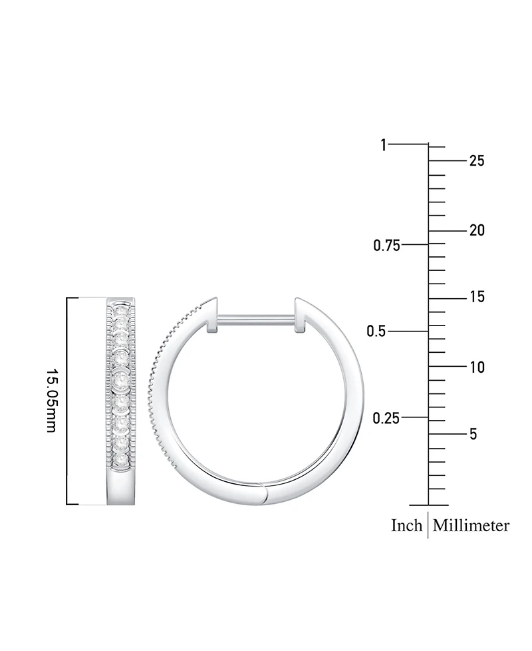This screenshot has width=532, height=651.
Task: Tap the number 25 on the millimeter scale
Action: pyautogui.click(x=476, y=160)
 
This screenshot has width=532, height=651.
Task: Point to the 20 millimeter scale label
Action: pyautogui.click(x=476, y=230)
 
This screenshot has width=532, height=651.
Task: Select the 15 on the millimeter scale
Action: pyautogui.click(x=476, y=298)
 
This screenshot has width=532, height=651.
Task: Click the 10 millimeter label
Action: pyautogui.click(x=476, y=367)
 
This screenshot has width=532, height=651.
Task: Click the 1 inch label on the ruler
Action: pyautogui.click(x=383, y=144)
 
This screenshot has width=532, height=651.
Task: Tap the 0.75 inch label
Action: pyautogui.click(x=386, y=246)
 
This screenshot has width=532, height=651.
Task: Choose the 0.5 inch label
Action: pyautogui.click(x=376, y=331)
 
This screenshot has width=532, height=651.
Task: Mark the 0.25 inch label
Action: pyautogui.click(x=386, y=418)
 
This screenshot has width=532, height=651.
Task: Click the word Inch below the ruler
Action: pyautogui.click(x=406, y=526)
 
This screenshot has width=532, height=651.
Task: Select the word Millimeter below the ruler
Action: pyautogui.click(x=471, y=526)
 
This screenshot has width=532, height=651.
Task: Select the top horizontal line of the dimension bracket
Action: pyautogui.click(x=86, y=298)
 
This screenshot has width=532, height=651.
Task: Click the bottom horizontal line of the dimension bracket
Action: pyautogui.click(x=86, y=505)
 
